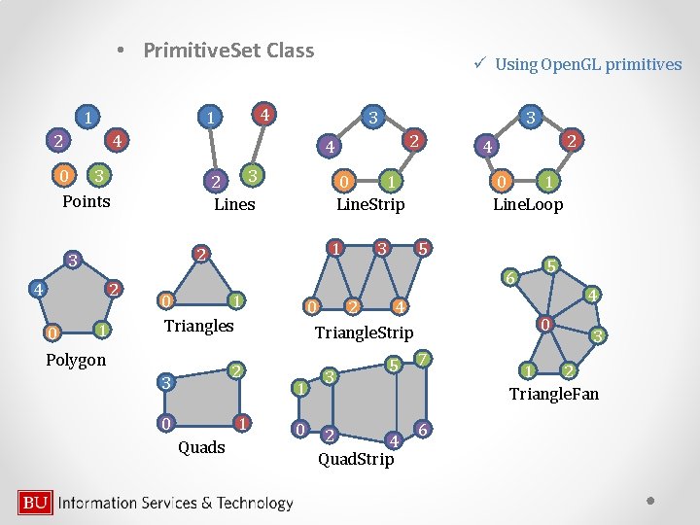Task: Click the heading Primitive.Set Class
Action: [x=228, y=50]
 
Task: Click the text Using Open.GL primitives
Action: [x=587, y=64]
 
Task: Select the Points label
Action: [x=87, y=201]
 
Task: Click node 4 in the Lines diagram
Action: [x=262, y=113]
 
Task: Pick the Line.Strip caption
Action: [x=370, y=204]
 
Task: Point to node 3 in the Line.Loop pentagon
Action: [x=530, y=118]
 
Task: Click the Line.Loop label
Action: [x=528, y=204]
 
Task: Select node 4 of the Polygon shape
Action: [x=37, y=290]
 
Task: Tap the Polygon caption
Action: [x=76, y=360]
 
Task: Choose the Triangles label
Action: [x=198, y=325]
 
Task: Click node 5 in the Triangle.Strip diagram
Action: [x=422, y=248]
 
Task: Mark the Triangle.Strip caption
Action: [x=364, y=332]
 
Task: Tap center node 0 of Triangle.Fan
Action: [x=547, y=324]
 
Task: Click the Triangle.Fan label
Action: [x=554, y=394]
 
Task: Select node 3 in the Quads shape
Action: [x=166, y=383]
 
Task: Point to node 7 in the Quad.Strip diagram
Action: [x=422, y=360]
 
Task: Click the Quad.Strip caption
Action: [x=357, y=458]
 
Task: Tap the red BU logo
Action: [x=36, y=503]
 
